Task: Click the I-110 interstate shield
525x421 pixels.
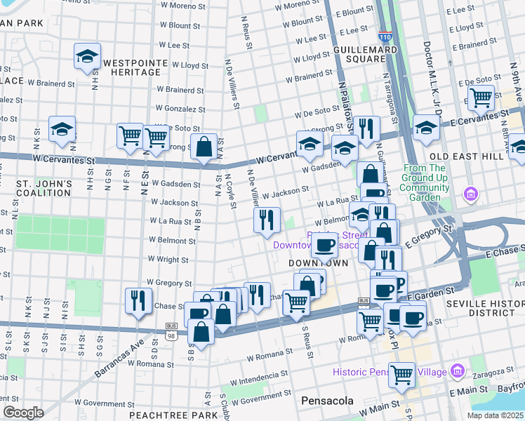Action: click(x=385, y=34)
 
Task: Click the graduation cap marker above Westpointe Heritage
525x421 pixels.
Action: click(x=88, y=58)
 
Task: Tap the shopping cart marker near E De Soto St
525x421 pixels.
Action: click(x=481, y=99)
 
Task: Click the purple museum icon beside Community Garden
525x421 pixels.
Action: click(x=471, y=193)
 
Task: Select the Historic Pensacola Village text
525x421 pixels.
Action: click(x=392, y=370)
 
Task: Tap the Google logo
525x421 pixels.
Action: click(x=23, y=413)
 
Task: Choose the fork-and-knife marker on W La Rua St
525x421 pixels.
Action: click(x=267, y=220)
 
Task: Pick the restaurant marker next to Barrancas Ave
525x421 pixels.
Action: click(x=138, y=300)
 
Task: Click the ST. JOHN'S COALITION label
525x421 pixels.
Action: click(x=44, y=189)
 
